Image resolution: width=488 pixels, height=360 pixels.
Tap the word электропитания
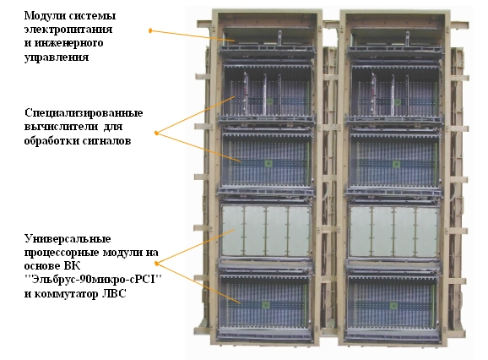click(x=68, y=30)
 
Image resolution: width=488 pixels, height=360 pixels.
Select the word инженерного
click(x=68, y=43)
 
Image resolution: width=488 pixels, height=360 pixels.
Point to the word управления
click(x=57, y=57)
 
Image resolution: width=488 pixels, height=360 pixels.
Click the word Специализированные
click(x=84, y=112)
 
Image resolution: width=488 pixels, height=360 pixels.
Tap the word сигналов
click(x=106, y=141)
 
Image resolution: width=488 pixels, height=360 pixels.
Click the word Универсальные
click(x=68, y=239)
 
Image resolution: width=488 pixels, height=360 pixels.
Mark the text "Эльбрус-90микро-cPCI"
click(x=94, y=280)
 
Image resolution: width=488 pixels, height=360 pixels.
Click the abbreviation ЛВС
click(x=114, y=293)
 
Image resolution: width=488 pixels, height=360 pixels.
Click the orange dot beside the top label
click(x=150, y=30)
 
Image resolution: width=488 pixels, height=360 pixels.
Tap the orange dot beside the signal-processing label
click(x=156, y=134)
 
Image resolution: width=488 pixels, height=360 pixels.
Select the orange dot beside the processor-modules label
click(x=156, y=264)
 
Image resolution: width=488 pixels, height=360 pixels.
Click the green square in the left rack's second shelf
click(x=270, y=101)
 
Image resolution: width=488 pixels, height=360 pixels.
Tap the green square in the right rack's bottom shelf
click(x=393, y=306)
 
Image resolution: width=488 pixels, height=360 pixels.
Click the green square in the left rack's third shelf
click(x=268, y=163)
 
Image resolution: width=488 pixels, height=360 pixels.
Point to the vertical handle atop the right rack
click(x=408, y=39)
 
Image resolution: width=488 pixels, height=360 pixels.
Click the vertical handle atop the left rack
click(x=279, y=38)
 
